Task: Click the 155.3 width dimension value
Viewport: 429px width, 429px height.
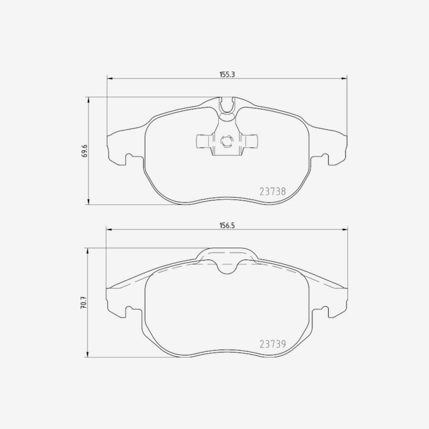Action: pyautogui.click(x=227, y=75)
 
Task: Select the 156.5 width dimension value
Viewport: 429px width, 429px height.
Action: pyautogui.click(x=227, y=225)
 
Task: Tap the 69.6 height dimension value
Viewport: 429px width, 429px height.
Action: pyautogui.click(x=85, y=151)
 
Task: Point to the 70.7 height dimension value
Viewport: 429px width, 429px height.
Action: pyautogui.click(x=83, y=303)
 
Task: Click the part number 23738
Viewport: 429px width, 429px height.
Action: pyautogui.click(x=272, y=191)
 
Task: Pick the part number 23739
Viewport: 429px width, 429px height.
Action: pyautogui.click(x=272, y=344)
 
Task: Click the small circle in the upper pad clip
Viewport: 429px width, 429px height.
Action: pyautogui.click(x=227, y=142)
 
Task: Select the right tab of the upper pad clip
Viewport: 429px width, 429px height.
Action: pyautogui.click(x=249, y=141)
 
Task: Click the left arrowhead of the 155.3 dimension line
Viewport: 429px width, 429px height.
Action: pyautogui.click(x=109, y=79)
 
